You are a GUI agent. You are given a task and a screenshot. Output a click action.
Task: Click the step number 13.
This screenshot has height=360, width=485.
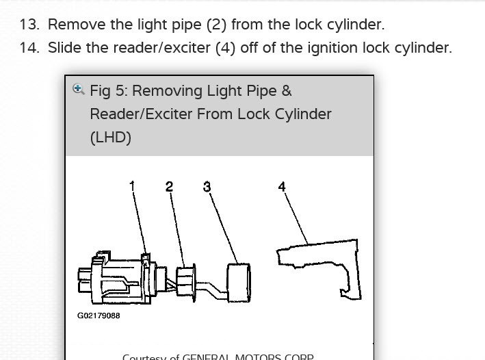tap(29, 25)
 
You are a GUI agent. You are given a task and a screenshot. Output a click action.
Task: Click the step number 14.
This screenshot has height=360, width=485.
tap(29, 48)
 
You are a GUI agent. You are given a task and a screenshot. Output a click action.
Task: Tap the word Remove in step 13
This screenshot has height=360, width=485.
tap(70, 25)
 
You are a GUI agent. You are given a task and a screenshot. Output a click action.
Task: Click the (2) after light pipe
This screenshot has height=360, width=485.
tap(216, 25)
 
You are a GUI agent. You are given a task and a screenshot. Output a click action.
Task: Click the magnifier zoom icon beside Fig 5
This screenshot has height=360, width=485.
tap(78, 90)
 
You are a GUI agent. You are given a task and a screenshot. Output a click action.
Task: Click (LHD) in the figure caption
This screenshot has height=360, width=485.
tap(110, 137)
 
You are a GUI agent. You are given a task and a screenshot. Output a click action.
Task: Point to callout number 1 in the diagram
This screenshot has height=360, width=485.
tap(132, 186)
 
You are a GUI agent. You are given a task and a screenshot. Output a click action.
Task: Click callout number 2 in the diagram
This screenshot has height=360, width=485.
tap(169, 186)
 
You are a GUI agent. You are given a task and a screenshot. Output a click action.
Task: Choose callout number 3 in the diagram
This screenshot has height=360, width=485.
tap(207, 186)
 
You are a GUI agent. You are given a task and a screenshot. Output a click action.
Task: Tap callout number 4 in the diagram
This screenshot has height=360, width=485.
tap(282, 186)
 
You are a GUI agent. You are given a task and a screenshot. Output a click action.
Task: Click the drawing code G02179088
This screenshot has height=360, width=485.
tap(99, 316)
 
